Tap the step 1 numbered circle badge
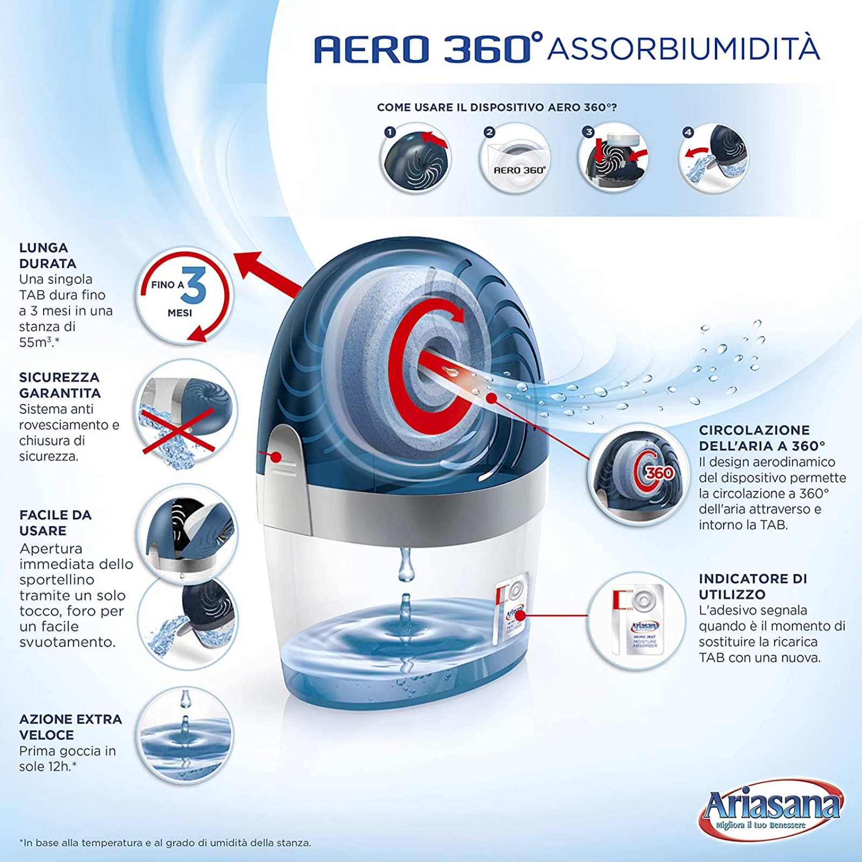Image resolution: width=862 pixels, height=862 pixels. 390,132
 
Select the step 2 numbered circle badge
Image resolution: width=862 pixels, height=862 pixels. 489,132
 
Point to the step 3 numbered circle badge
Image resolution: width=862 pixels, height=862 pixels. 588,132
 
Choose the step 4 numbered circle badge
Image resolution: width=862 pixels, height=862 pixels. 688,132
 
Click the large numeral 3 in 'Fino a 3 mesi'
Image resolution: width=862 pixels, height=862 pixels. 194,286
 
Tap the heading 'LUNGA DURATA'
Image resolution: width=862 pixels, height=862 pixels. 47,255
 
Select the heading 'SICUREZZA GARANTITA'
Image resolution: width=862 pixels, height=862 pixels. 60,385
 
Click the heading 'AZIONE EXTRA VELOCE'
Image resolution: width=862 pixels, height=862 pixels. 71,727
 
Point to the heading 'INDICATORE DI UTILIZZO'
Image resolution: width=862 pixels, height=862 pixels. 753,586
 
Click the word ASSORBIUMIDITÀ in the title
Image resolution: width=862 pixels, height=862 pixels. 683,48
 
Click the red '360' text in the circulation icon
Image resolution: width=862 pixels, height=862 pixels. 659,473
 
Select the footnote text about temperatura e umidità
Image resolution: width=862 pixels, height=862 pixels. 165,843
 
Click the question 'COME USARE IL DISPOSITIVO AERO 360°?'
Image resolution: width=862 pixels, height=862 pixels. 497,107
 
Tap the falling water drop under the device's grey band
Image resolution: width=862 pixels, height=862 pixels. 406,566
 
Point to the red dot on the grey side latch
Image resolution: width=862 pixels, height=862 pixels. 276,457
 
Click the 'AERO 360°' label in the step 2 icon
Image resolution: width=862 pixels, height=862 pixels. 519,170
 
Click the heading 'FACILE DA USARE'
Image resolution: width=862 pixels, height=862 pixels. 55,523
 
